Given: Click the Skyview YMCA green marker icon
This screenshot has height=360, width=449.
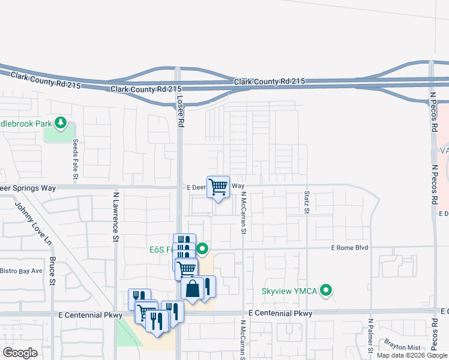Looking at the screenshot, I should [326, 291].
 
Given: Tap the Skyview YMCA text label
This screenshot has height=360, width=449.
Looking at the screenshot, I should [292, 292].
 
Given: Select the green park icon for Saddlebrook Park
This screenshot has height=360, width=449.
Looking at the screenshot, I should [60, 123].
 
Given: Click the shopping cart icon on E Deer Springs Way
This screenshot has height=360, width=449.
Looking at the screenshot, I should [218, 187].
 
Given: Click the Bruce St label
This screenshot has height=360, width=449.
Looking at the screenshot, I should [52, 272].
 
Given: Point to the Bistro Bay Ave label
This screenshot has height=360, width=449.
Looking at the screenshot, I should [21, 271].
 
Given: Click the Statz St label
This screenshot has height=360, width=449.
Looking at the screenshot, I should [306, 202].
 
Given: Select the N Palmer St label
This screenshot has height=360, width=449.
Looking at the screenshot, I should [370, 335].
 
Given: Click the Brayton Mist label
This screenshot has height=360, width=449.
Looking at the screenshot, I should [402, 347].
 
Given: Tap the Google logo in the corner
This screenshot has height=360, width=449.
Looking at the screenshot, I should [20, 352].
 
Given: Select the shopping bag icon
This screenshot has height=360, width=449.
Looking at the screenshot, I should [192, 290].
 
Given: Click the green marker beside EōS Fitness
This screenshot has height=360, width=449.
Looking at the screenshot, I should [203, 248].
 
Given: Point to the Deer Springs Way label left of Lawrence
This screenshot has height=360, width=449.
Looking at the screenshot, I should [28, 188].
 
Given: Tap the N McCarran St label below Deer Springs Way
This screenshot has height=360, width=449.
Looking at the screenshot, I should [244, 213].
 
